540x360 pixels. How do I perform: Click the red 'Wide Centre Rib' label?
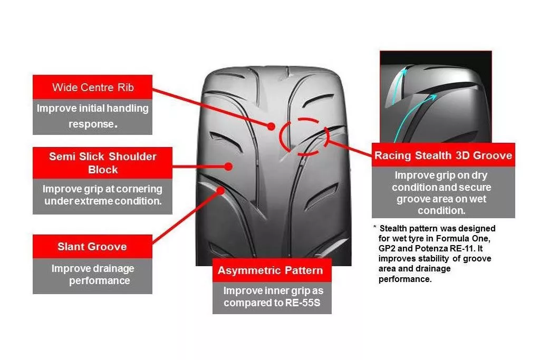pos(92,87)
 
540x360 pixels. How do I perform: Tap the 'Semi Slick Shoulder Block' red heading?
pos(103,163)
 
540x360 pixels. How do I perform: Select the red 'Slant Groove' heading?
pos(92,247)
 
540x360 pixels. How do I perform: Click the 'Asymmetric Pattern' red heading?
pos(272,270)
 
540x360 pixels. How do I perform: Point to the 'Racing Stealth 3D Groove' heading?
pos(443,155)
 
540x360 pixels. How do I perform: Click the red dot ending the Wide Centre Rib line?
pos(272,127)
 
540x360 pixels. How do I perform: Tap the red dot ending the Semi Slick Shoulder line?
pos(228,167)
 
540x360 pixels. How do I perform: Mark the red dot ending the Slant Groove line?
pos(220,190)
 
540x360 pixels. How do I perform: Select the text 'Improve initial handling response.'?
pos(93,116)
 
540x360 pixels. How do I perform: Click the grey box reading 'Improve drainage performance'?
pos(92,276)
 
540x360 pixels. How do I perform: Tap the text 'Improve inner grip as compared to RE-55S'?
pos(273,297)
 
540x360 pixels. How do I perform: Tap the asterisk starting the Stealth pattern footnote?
pos(375,228)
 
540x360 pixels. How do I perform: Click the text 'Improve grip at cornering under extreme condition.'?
pos(103,195)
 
